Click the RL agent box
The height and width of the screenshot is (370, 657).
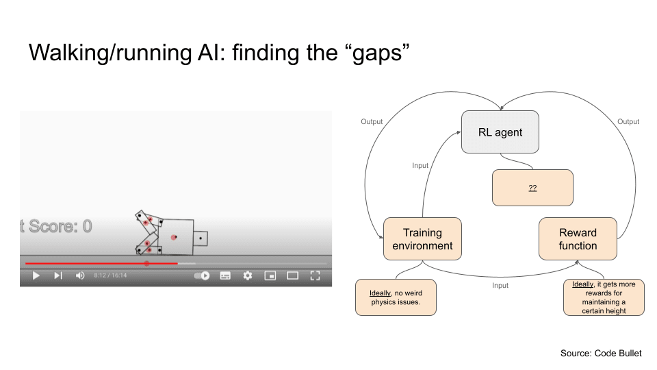[x=500, y=132]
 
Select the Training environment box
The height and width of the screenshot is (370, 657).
[x=422, y=239]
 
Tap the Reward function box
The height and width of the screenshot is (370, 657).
[x=578, y=239]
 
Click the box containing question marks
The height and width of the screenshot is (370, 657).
[x=532, y=187]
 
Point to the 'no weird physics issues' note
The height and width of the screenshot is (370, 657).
[x=396, y=297]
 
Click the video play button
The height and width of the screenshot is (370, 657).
[x=36, y=275]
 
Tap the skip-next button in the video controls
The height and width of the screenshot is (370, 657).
[x=58, y=275]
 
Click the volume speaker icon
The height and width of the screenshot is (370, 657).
[x=80, y=275]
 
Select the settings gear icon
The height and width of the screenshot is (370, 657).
[x=248, y=275]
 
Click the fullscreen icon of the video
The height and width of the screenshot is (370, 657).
[x=315, y=275]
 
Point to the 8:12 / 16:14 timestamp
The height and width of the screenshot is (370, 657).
[x=110, y=275]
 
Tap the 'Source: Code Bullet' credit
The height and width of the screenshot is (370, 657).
[x=601, y=353]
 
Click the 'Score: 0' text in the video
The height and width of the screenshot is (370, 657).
[x=58, y=227]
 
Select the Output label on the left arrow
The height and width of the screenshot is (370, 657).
[x=372, y=122]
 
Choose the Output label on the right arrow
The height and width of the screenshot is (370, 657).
[x=628, y=122]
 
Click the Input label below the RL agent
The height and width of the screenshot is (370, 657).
[x=420, y=166]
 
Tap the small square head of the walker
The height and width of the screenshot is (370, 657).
[x=201, y=238]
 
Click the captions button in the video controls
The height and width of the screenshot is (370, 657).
[x=225, y=275]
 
